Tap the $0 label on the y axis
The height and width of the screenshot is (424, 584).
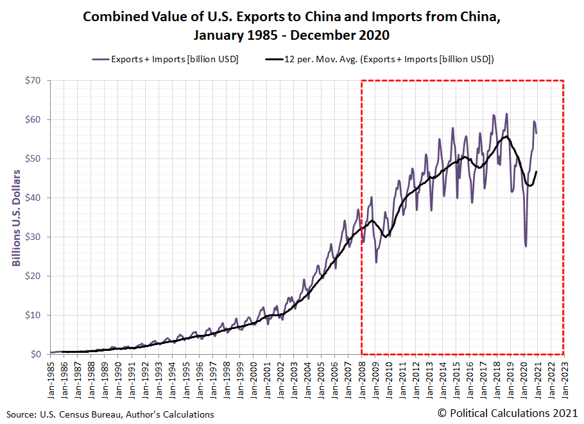point(37,354)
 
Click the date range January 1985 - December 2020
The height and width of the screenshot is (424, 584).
point(291,33)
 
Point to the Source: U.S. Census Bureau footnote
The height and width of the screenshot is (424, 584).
point(110,414)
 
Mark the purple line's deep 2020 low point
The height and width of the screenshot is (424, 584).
point(526,246)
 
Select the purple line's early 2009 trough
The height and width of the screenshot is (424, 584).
point(376,262)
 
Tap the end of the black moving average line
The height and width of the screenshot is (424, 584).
point(537,171)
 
